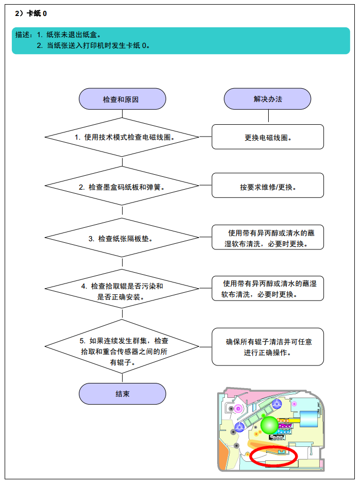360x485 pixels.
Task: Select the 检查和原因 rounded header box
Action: pyautogui.click(x=122, y=99)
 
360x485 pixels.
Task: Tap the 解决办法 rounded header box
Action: pyautogui.click(x=268, y=99)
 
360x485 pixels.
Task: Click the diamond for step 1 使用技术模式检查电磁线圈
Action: pyautogui.click(x=122, y=137)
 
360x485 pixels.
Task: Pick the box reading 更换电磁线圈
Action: pyautogui.click(x=268, y=137)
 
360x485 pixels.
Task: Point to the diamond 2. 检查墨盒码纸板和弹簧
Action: pyautogui.click(x=122, y=186)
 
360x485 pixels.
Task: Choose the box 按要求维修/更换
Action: pyautogui.click(x=268, y=186)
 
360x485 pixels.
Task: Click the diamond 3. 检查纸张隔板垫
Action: pyautogui.click(x=122, y=238)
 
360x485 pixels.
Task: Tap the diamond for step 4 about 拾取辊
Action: pyautogui.click(x=122, y=289)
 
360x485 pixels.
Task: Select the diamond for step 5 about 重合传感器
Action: pyautogui.click(x=122, y=347)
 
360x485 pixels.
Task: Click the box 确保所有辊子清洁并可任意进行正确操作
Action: pyautogui.click(x=268, y=347)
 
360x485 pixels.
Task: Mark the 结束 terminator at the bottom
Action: pyautogui.click(x=122, y=394)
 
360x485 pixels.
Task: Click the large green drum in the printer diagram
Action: pyautogui.click(x=269, y=425)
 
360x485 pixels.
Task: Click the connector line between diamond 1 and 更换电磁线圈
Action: pyautogui.click(x=206, y=137)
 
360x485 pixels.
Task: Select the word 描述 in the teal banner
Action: pyautogui.click(x=22, y=35)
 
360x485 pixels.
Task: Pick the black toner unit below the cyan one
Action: pyautogui.click(x=276, y=438)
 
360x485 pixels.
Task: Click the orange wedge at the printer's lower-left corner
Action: pyautogui.click(x=222, y=456)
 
